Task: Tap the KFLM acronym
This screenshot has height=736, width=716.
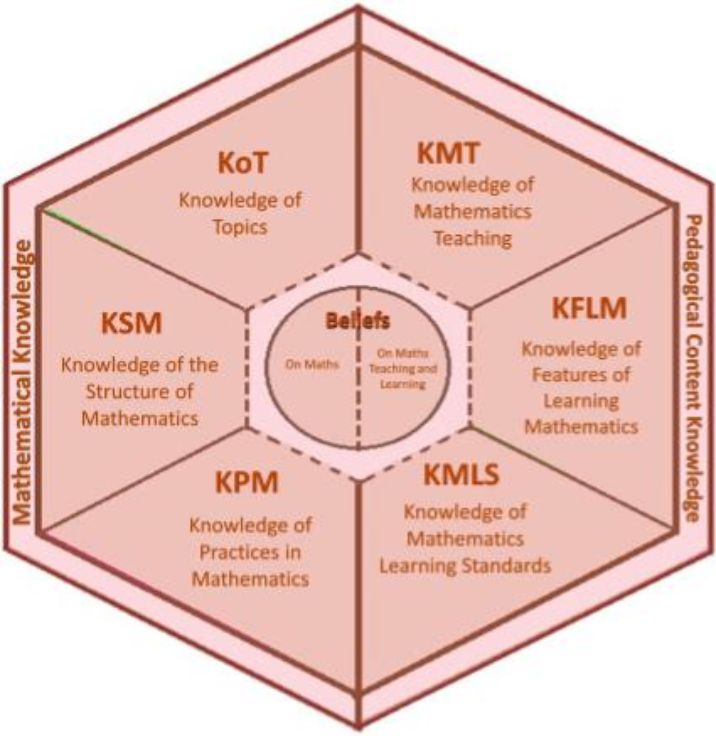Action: point(589,308)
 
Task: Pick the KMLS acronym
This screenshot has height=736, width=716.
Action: point(461,474)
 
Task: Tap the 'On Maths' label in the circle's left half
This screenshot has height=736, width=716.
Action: point(312,364)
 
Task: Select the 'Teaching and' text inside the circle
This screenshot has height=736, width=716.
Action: point(403,369)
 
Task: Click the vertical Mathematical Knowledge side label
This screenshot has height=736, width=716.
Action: point(23,382)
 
